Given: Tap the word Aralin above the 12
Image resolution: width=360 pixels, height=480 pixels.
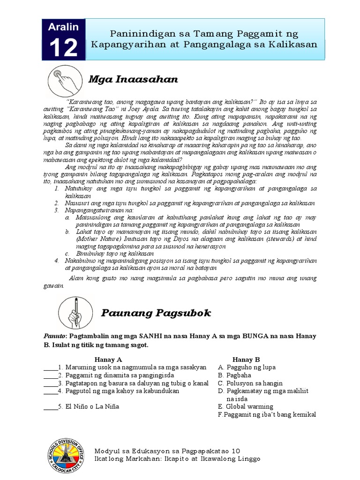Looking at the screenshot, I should [x=63, y=28].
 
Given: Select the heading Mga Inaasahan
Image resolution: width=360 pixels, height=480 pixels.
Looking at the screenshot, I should [x=133, y=79].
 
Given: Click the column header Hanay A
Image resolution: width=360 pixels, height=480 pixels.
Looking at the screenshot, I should [x=108, y=359].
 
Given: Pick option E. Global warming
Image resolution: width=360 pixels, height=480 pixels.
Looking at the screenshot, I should [x=246, y=406].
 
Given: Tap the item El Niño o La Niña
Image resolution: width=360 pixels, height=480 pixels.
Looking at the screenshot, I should [x=92, y=406].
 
